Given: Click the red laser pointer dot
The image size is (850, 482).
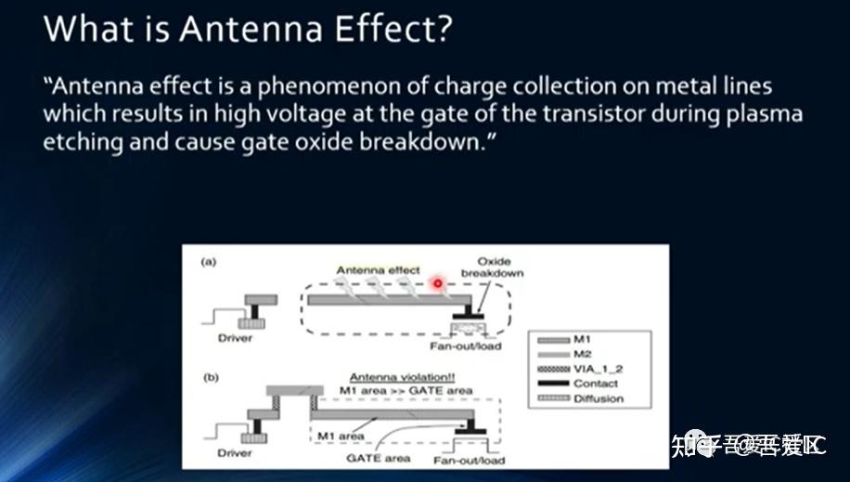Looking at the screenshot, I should tap(437, 280).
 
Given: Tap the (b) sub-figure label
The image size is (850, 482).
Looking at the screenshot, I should tap(210, 379).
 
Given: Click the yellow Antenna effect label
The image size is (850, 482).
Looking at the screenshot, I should tap(378, 270).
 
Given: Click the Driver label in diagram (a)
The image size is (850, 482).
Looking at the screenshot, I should tap(235, 338).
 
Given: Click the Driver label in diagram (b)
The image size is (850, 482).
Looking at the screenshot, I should tap(235, 453).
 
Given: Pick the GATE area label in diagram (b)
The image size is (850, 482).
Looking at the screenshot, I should tap(378, 458).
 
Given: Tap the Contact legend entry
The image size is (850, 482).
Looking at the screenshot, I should tap(595, 384).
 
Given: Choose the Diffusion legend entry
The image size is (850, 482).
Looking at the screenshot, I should tap(598, 398).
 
